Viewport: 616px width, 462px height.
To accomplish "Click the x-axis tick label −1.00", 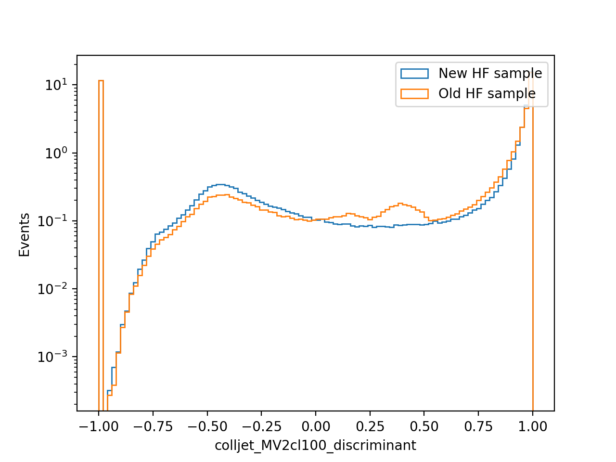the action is (99, 427).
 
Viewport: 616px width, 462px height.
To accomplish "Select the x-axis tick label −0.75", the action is (153, 427).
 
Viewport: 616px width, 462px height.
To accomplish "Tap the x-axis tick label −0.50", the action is (207, 427).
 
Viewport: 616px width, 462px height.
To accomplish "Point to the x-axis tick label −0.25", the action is (261, 427).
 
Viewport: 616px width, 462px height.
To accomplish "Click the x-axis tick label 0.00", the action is (316, 427).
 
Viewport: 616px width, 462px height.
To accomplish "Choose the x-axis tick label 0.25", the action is (370, 427).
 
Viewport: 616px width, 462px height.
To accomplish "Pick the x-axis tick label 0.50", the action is (424, 427).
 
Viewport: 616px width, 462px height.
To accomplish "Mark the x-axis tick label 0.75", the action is (478, 427).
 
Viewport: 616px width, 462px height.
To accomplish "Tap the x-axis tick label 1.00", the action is (533, 427).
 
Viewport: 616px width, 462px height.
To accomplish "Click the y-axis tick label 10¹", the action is (56, 84).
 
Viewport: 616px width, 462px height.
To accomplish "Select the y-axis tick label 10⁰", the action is (56, 153).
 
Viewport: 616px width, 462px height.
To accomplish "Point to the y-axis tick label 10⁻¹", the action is (52, 221).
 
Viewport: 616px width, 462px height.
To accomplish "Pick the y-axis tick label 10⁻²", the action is (52, 289).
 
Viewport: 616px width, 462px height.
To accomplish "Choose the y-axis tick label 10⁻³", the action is (52, 357).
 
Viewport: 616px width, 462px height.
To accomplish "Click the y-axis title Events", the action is (24, 235).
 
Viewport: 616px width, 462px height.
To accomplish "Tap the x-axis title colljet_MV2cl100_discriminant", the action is (315, 446).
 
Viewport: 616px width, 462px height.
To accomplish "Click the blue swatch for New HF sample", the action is (414, 74).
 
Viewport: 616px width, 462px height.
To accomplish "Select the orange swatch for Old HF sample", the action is (414, 94).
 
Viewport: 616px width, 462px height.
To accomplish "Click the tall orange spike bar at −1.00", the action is (101, 246).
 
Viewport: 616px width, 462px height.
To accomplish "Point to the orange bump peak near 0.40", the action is (400, 204).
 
